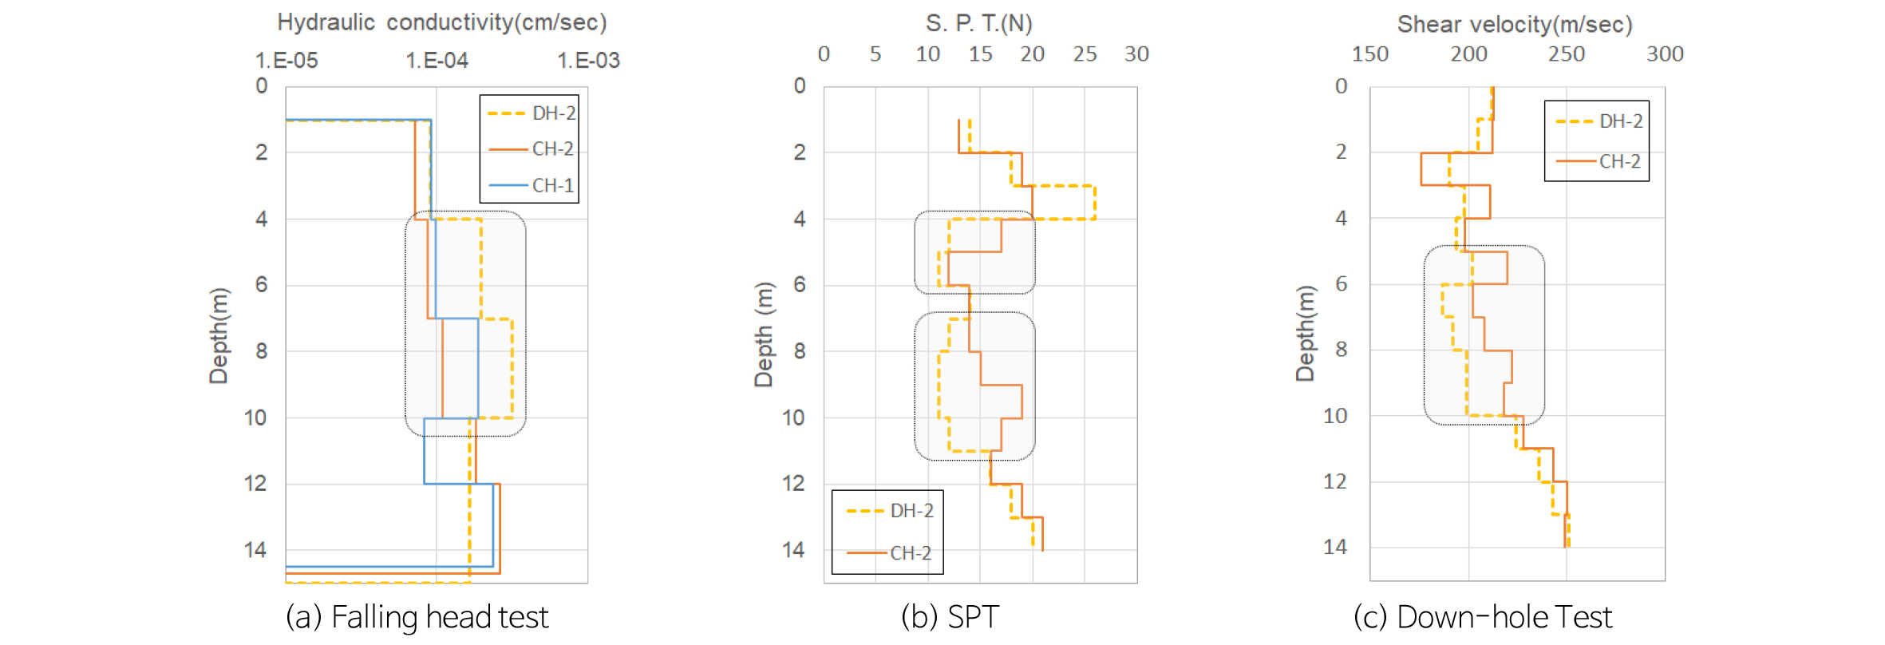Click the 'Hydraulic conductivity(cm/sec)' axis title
(441, 22)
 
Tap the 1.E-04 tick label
(437, 61)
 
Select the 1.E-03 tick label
(588, 61)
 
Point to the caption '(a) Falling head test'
(417, 617)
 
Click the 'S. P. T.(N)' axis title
(978, 24)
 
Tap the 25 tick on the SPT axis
(1085, 54)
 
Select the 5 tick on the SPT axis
(875, 54)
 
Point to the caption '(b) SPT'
(950, 617)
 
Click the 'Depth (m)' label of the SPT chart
(764, 334)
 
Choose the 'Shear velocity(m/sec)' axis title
(1514, 25)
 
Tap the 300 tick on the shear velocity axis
(1665, 54)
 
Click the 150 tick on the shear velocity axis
(1370, 54)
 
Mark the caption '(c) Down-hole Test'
(1483, 617)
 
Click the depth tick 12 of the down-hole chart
(1334, 481)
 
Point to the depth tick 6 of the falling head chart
(261, 285)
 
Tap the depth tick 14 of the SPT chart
(792, 550)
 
